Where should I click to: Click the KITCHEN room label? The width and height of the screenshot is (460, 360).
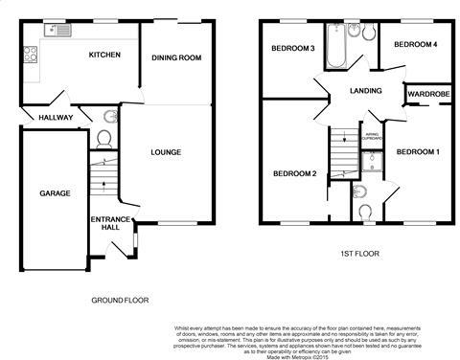[x=104, y=56]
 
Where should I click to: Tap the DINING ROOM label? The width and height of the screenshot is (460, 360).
[x=177, y=58]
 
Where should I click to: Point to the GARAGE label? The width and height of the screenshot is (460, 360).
[x=55, y=193]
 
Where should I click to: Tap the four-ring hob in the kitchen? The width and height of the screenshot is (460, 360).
[x=30, y=54]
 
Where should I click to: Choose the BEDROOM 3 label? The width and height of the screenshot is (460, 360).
[x=292, y=49]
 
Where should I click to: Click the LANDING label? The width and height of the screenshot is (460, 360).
[x=365, y=92]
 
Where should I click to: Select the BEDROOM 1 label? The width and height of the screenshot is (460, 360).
[x=418, y=152]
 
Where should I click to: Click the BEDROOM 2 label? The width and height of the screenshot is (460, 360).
[x=294, y=173]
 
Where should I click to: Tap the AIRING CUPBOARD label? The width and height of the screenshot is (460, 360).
[x=371, y=137]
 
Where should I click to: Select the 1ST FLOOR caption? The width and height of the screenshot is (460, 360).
[x=359, y=254]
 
